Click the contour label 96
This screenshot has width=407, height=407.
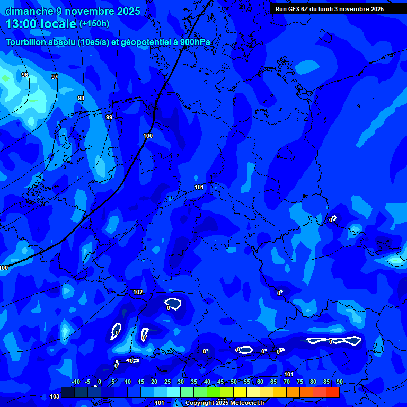pos(25,75)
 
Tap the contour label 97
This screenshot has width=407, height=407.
pos(55,77)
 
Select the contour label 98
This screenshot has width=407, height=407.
pos(81,98)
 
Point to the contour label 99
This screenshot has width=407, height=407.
pos(109,117)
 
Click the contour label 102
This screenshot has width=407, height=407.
pos(138,292)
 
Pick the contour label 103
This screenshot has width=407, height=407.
pos(54,396)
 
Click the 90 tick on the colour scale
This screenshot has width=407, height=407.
pos(339,382)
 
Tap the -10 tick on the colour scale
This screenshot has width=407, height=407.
pos(75,382)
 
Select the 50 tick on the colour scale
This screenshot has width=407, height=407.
pos(234,382)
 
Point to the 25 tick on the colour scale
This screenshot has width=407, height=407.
pos(167,382)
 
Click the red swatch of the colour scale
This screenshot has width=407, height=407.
pos(333,392)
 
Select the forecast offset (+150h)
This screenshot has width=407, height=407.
pos(94,24)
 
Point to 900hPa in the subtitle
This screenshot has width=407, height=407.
pos(196,42)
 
